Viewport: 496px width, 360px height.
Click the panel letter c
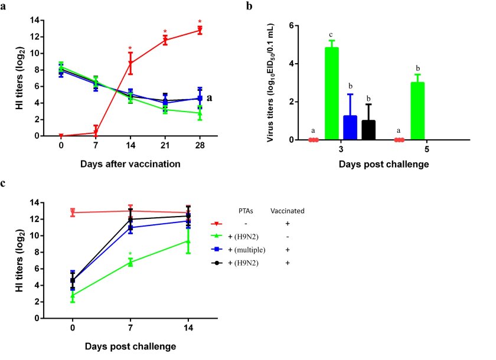click(4, 183)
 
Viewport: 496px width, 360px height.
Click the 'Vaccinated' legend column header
click(286, 211)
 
